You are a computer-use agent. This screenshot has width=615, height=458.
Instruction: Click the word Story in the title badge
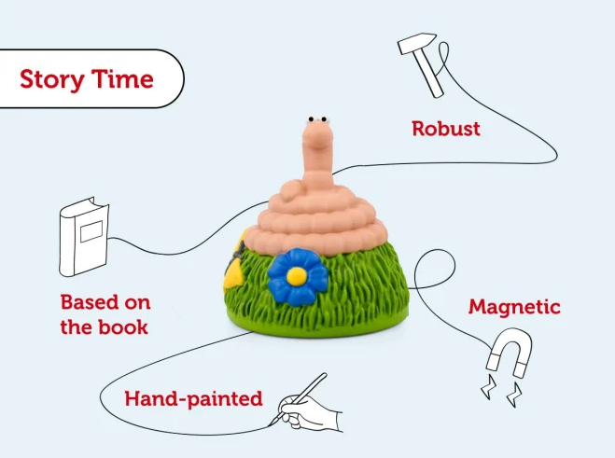coord(51,79)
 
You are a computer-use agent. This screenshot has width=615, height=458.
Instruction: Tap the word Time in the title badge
coord(121,79)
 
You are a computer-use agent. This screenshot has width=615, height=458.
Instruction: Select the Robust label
coord(446,129)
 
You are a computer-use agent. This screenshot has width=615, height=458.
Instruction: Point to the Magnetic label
coord(514,306)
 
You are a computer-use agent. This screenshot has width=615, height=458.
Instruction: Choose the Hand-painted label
coord(193,399)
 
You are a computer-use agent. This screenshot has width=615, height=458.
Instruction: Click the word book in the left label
coord(125,327)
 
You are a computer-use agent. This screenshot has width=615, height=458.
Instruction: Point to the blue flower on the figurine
coord(297,275)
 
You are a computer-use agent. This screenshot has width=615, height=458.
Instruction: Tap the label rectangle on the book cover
coord(91,228)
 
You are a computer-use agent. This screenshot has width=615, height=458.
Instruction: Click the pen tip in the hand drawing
coord(272,424)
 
